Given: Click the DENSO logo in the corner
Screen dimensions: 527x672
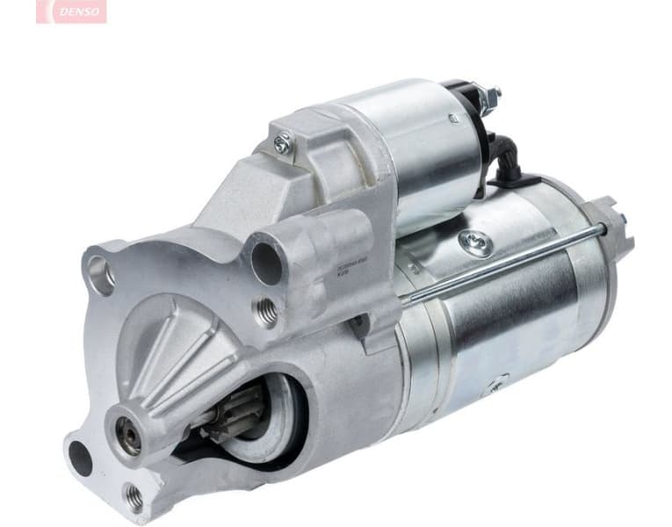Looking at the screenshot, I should click(71, 11).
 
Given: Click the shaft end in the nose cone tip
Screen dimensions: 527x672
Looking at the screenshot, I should click(128, 435).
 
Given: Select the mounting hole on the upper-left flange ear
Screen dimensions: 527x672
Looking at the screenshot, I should click(100, 275).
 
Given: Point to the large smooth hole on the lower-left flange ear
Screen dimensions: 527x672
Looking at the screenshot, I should click(80, 458).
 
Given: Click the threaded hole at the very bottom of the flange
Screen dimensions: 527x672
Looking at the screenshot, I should click(134, 497).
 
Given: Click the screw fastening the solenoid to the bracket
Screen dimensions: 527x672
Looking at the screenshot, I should click(282, 144).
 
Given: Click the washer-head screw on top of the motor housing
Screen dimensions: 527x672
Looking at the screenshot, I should click(477, 243).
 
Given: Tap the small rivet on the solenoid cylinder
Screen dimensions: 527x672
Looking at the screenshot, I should click(453, 118).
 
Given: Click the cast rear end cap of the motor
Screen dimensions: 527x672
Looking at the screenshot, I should click(606, 263).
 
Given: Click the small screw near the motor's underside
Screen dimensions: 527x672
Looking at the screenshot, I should click(496, 384).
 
